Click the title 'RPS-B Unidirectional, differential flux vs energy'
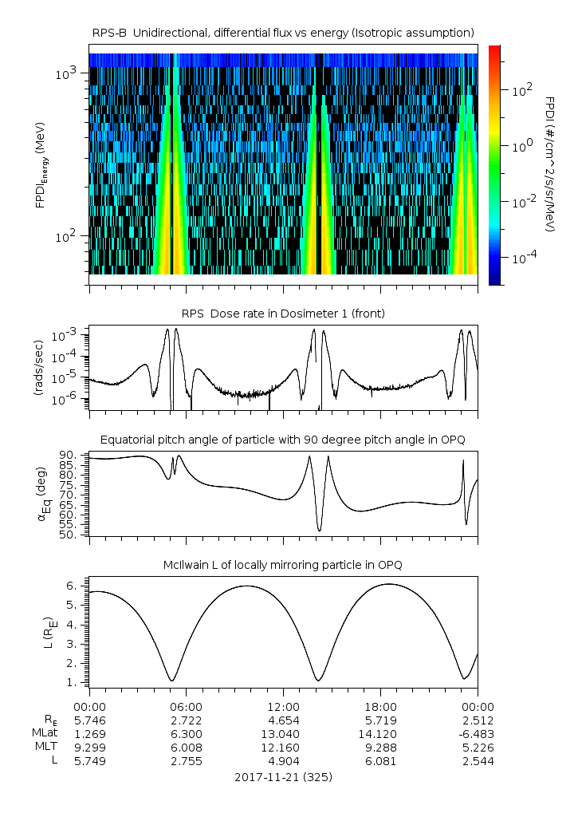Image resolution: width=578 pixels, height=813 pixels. [283, 32]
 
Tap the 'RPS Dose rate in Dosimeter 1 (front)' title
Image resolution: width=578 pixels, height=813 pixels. [283, 314]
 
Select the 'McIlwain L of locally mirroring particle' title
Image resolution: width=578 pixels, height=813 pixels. [283, 565]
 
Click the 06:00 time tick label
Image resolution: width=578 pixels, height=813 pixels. [187, 707]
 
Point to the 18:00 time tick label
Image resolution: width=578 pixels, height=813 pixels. [380, 707]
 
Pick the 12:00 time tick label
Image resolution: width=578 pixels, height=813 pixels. [283, 707]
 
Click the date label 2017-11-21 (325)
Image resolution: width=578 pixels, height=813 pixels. [283, 776]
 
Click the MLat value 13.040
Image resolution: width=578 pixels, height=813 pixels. [283, 734]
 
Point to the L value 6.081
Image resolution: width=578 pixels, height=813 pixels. [380, 761]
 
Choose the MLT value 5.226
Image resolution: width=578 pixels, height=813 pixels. [477, 748]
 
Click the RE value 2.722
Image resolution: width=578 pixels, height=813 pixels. [187, 720]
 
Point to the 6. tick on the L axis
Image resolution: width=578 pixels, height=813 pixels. [73, 586]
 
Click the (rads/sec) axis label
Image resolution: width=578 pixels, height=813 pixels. [38, 368]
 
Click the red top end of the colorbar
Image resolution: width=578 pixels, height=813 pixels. [495, 49]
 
